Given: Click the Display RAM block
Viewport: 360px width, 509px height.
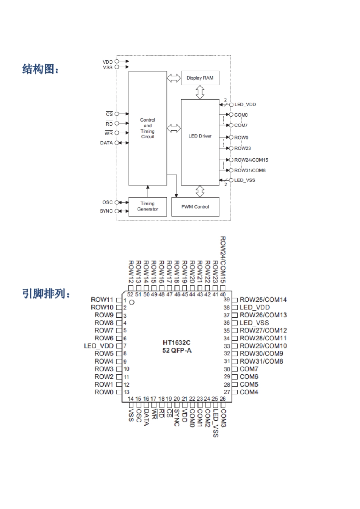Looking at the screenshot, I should (x=200, y=78).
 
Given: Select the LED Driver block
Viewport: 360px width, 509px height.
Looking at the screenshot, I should (x=200, y=136).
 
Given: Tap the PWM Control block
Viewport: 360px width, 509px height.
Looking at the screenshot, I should (x=195, y=207).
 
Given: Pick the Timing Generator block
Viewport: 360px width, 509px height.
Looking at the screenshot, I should (x=147, y=206).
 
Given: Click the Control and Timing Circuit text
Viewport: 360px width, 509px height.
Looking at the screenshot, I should (x=148, y=128).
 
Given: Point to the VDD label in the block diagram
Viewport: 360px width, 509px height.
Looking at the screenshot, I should (x=108, y=61).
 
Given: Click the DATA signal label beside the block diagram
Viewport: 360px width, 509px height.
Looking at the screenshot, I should (x=106, y=143).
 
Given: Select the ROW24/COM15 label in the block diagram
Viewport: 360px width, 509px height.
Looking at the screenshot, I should (x=251, y=160).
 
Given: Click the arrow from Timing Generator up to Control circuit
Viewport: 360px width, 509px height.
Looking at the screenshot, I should (x=148, y=191).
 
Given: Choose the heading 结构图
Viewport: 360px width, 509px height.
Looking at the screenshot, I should (x=41, y=69).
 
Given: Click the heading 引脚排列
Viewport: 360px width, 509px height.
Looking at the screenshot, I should (x=46, y=294).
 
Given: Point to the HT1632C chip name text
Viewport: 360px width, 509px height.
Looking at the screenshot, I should (x=177, y=343).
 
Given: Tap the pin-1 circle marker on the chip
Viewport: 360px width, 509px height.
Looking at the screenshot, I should (x=132, y=302).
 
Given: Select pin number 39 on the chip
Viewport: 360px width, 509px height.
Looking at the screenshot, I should (x=227, y=300).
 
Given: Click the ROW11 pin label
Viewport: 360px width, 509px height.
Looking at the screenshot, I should (x=102, y=300).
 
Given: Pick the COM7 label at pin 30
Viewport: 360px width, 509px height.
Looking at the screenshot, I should (x=249, y=369).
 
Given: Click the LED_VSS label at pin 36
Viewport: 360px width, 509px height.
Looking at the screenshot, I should (x=254, y=323).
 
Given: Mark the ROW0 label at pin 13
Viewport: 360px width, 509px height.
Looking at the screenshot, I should (x=104, y=392).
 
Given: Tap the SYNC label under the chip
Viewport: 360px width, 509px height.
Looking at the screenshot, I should (x=177, y=418).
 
